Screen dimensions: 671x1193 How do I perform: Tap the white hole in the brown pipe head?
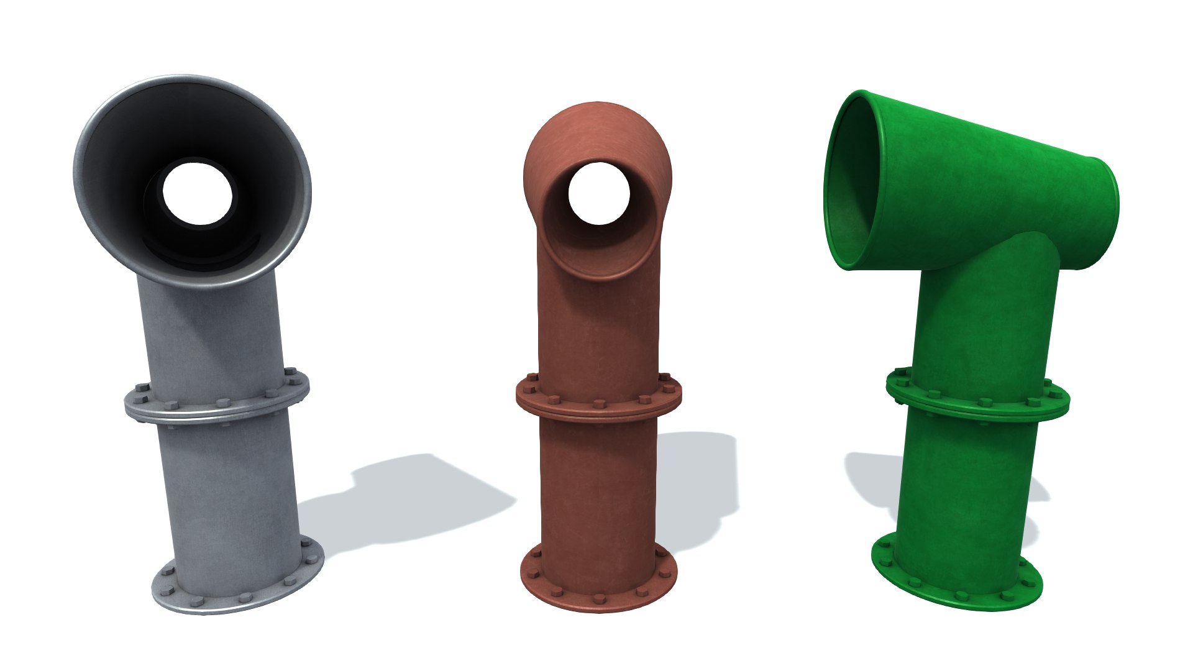(598, 193)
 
